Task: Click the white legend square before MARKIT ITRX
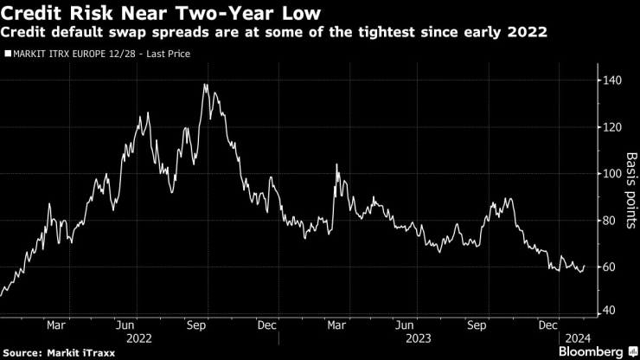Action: tap(7, 54)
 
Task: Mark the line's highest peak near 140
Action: tap(205, 85)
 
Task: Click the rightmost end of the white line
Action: tap(586, 266)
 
